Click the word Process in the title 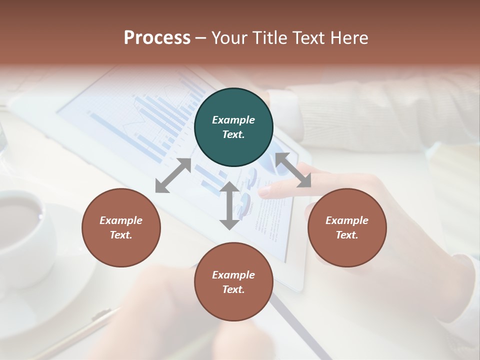[x=157, y=38]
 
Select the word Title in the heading [x=269, y=38]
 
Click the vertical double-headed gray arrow [x=229, y=205]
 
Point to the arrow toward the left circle [x=173, y=175]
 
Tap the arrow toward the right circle [x=293, y=170]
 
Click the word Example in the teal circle [x=233, y=120]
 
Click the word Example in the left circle [x=121, y=220]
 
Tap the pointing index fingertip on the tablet [x=264, y=191]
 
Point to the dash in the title [x=201, y=38]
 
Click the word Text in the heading [x=308, y=38]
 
